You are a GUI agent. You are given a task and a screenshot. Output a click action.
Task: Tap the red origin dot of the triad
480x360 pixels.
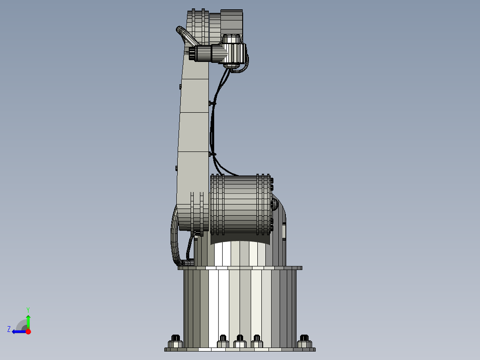click(28, 331)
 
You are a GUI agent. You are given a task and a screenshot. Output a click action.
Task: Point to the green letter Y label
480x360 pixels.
click(28, 309)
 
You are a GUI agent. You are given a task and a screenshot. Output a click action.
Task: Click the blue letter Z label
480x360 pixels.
click(9, 329)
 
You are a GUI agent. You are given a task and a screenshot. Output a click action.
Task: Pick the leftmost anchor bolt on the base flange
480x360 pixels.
click(175, 341)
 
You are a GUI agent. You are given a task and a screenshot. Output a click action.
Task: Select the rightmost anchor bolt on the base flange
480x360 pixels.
click(304, 341)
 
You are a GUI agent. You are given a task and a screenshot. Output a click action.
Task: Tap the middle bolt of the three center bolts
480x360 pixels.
click(240, 341)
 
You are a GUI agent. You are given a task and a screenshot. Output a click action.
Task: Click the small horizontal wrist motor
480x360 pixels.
click(209, 53)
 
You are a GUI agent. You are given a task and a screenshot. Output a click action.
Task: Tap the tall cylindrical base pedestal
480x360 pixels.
click(240, 307)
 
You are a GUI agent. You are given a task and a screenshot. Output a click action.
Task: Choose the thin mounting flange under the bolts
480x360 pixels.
click(240, 349)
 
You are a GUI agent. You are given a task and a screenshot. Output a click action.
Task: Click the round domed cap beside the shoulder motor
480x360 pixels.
click(275, 205)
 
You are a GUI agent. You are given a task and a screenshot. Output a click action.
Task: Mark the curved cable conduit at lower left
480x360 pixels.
click(174, 236)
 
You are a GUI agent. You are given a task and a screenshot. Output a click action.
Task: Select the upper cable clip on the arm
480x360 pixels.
click(211, 103)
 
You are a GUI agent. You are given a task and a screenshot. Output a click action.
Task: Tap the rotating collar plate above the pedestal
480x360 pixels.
click(240, 268)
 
